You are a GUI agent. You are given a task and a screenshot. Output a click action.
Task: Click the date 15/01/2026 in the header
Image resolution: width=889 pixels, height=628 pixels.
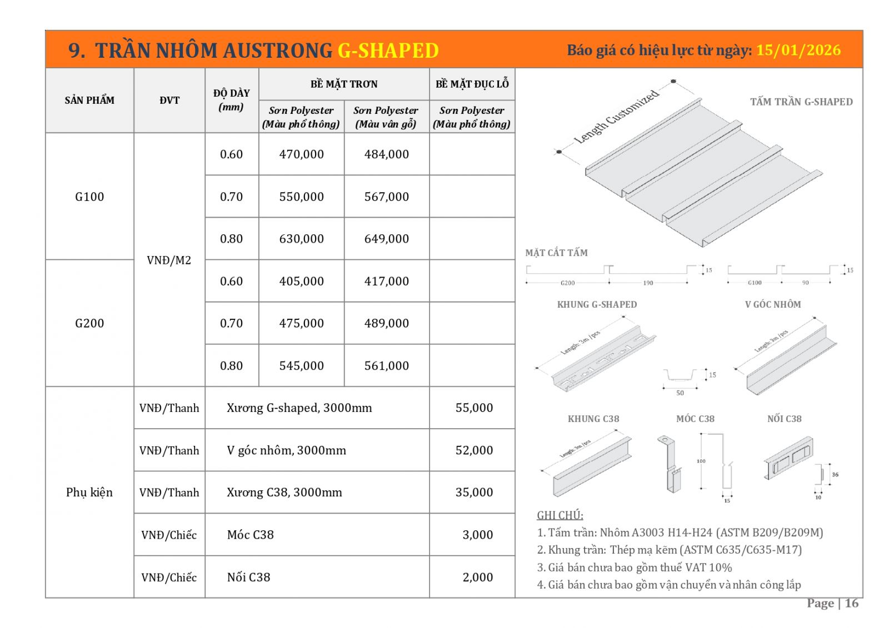[x=798, y=51]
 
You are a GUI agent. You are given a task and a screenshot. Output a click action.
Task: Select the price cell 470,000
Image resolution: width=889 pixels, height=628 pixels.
[x=301, y=154]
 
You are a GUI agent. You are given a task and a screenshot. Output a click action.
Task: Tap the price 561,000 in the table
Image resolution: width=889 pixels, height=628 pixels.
[x=386, y=366]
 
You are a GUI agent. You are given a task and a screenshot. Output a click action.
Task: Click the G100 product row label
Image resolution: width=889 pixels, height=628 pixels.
[x=89, y=197]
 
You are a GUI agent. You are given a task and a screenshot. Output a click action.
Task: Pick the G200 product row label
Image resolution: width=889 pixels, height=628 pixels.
[x=89, y=323]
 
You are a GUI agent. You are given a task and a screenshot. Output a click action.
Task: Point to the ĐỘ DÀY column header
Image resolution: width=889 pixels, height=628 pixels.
[x=231, y=100]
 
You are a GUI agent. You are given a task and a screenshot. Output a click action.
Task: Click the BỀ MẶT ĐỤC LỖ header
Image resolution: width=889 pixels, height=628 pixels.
[x=472, y=84]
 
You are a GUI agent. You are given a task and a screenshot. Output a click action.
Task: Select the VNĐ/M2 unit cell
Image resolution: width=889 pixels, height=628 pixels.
[x=169, y=260]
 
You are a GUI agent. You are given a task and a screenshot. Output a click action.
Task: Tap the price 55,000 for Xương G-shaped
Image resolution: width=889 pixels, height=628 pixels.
[x=474, y=408]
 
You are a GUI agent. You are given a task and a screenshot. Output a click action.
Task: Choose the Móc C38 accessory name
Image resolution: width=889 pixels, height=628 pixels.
[x=250, y=535]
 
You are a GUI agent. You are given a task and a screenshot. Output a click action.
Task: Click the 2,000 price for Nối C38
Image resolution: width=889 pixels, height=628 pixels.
[x=477, y=577]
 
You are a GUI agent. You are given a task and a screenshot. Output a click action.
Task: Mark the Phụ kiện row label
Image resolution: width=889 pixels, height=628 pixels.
[x=89, y=493]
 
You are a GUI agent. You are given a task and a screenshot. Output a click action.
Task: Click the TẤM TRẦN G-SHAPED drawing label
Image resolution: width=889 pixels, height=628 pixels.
[x=801, y=102]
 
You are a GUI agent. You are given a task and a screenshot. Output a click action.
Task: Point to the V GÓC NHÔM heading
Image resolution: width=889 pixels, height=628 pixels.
[x=772, y=304]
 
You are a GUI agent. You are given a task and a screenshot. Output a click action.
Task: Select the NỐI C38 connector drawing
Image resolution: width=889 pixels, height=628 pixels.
[x=789, y=459]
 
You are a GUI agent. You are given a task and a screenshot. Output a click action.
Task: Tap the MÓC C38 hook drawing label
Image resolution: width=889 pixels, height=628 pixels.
[x=695, y=419]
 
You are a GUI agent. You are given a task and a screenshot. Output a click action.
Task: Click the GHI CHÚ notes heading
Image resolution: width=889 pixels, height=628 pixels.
[x=560, y=515]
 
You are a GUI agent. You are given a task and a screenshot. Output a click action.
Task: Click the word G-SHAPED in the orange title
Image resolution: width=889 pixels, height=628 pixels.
[x=388, y=51]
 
